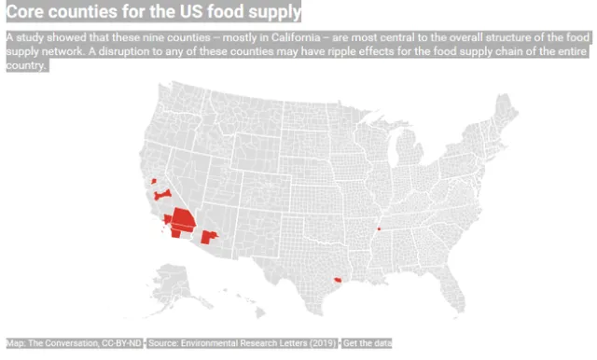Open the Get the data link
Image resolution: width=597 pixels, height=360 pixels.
pos(368,344)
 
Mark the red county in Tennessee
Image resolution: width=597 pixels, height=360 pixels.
pos(379,228)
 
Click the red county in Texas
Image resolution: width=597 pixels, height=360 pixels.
pos(337,277)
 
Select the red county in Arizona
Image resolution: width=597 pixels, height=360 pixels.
pos(209,237)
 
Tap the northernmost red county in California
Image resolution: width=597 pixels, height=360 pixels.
pos(154,180)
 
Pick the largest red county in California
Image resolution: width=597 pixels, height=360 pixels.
pos(182,220)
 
